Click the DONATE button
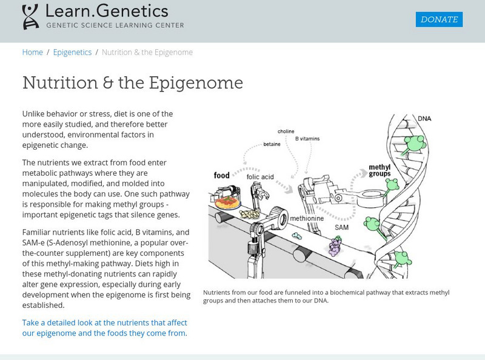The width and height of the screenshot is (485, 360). [439, 19]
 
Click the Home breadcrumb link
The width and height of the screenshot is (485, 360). [33, 52]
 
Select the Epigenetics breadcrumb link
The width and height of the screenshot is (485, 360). [72, 52]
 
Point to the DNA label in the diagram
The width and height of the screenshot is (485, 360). [425, 118]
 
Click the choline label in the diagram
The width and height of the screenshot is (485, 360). [286, 131]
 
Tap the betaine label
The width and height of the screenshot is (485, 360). [272, 144]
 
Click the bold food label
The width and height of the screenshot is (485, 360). [221, 176]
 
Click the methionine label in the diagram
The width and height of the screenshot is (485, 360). [306, 218]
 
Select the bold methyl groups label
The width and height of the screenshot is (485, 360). [380, 170]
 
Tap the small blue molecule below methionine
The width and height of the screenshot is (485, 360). [296, 236]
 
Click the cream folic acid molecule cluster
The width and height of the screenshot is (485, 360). [248, 215]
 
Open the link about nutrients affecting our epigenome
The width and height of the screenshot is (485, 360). [104, 327]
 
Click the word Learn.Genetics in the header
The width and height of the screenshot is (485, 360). [107, 11]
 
